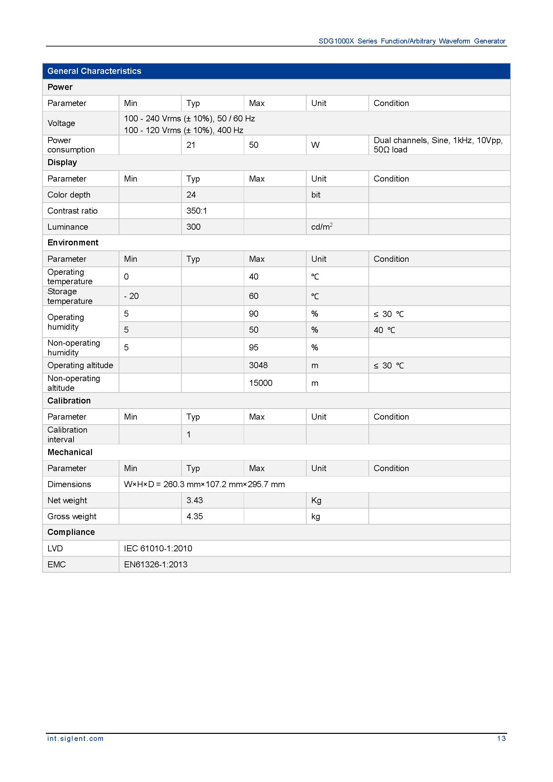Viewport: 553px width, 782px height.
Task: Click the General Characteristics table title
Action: point(94,71)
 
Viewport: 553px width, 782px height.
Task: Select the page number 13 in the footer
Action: point(501,739)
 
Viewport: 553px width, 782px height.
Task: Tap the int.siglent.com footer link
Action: point(75,739)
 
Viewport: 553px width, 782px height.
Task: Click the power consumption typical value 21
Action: point(191,145)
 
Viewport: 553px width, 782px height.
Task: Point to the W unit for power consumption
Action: point(315,145)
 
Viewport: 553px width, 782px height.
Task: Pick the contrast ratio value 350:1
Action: point(197,211)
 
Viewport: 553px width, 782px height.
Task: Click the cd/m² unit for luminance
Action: point(321,227)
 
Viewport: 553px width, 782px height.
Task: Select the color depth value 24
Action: point(191,195)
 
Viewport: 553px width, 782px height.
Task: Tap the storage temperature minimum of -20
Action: point(131,296)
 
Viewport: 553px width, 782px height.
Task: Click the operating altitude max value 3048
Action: point(258,365)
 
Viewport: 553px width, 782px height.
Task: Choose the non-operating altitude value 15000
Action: point(260,383)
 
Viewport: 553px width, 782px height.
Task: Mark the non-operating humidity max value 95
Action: point(253,347)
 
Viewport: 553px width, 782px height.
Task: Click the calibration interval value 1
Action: point(189,434)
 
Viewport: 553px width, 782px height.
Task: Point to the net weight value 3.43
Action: point(195,500)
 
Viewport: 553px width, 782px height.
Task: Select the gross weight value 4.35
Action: point(195,516)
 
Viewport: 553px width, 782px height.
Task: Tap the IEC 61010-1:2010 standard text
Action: point(158,548)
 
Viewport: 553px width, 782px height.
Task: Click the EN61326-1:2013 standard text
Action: point(155,564)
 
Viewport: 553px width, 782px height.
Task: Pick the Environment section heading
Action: point(73,242)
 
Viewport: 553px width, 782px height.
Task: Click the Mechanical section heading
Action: point(70,452)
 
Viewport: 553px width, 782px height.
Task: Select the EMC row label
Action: point(57,564)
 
